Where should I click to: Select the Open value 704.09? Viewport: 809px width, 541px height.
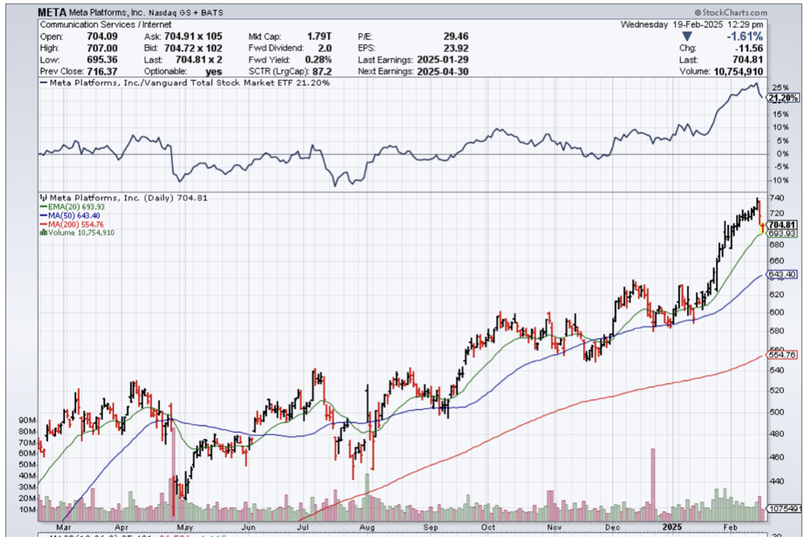tap(104, 36)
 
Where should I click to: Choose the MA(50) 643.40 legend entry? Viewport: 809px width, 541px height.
tap(70, 215)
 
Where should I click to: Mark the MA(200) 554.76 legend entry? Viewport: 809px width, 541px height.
tap(72, 224)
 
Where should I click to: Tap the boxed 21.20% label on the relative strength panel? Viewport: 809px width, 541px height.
tap(783, 98)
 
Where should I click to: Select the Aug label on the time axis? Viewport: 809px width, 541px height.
tap(367, 527)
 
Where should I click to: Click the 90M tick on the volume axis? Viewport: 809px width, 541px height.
tap(27, 420)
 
